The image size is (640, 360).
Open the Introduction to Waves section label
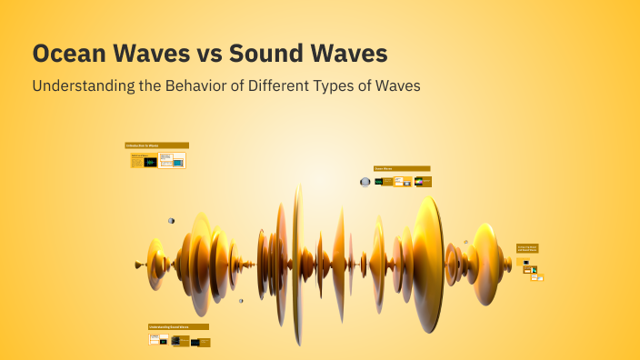point(156,145)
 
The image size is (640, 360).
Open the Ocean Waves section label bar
point(402,168)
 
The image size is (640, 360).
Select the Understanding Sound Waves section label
point(178,326)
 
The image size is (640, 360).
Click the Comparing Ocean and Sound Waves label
point(527,247)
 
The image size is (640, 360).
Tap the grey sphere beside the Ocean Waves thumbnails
point(365,182)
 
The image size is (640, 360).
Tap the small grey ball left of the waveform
point(171,220)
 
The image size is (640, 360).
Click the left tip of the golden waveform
point(138,265)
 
